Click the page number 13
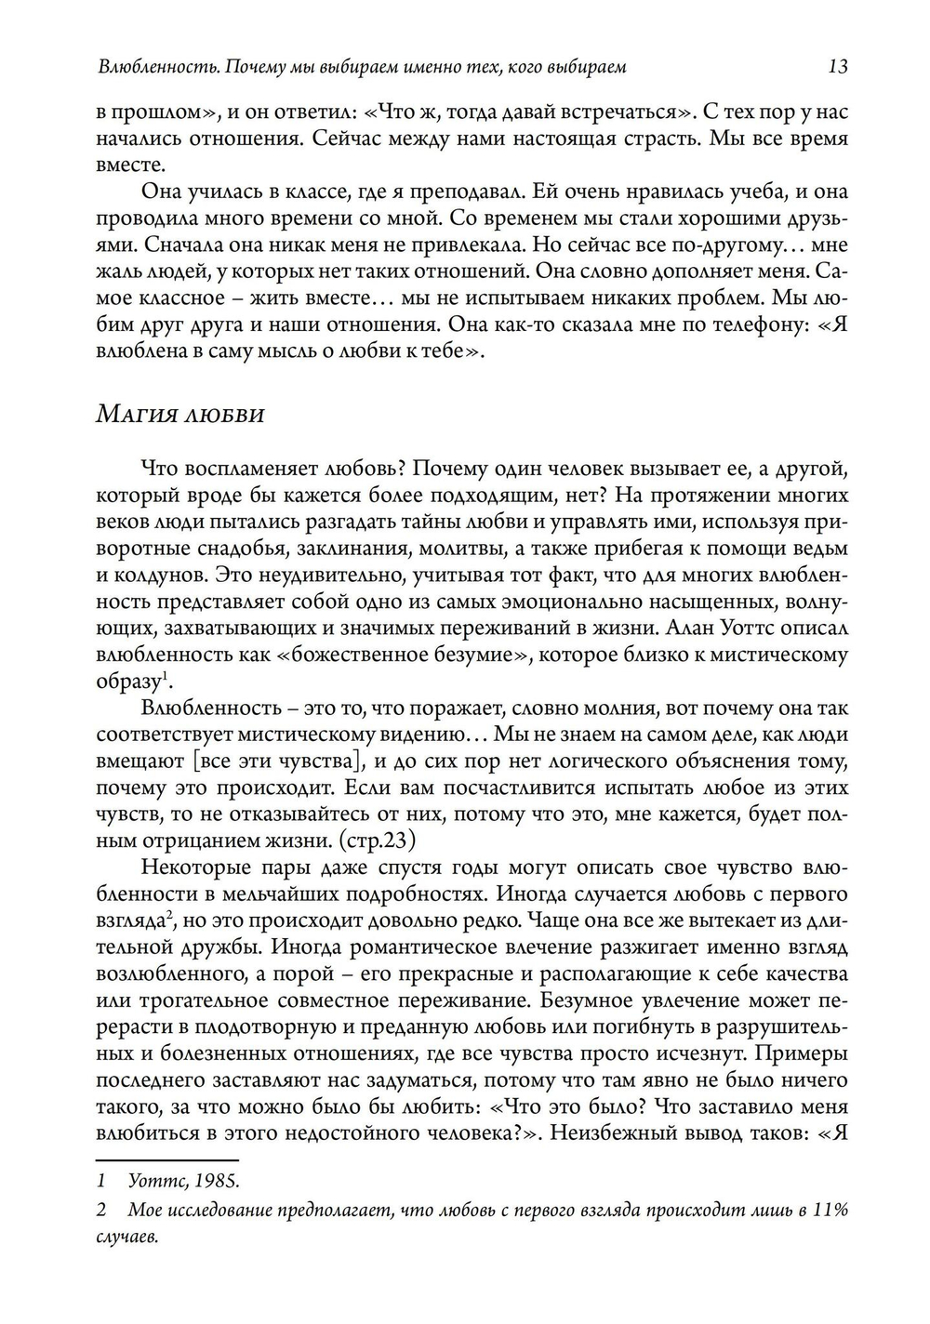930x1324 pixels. coord(837,67)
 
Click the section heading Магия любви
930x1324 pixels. coord(180,414)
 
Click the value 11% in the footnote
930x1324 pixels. coord(830,1211)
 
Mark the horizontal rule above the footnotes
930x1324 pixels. coord(167,1159)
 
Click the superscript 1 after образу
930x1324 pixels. coord(165,676)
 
